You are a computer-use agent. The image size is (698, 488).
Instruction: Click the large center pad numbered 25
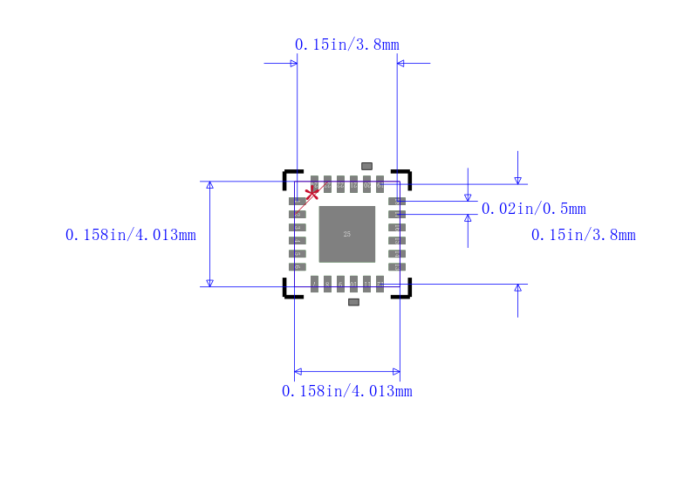[x=346, y=234]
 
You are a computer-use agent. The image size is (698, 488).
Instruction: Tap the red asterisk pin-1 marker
[x=311, y=193]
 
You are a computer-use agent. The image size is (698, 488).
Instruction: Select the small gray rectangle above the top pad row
[x=366, y=166]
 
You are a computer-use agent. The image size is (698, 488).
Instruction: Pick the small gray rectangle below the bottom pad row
[x=353, y=302]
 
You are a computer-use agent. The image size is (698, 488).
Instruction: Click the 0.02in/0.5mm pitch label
[x=533, y=209]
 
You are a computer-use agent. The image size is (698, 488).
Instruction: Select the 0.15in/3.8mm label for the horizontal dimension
[x=346, y=45]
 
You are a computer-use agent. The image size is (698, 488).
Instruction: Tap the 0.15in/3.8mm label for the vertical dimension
[x=583, y=235]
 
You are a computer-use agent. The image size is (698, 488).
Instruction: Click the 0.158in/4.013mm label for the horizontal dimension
[x=346, y=391]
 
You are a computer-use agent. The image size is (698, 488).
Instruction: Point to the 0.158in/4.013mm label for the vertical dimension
[x=130, y=235]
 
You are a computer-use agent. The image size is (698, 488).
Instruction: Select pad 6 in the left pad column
[x=298, y=266]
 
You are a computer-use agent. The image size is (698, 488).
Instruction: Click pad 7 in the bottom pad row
[x=314, y=284]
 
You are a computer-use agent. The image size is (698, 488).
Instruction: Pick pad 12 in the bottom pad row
[x=380, y=284]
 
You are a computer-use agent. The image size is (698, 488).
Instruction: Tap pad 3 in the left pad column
[x=298, y=227]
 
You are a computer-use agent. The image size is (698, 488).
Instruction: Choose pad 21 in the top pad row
[x=353, y=184]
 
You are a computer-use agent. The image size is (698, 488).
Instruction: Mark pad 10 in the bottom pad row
[x=353, y=284]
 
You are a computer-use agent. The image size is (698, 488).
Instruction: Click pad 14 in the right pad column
[x=396, y=253]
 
